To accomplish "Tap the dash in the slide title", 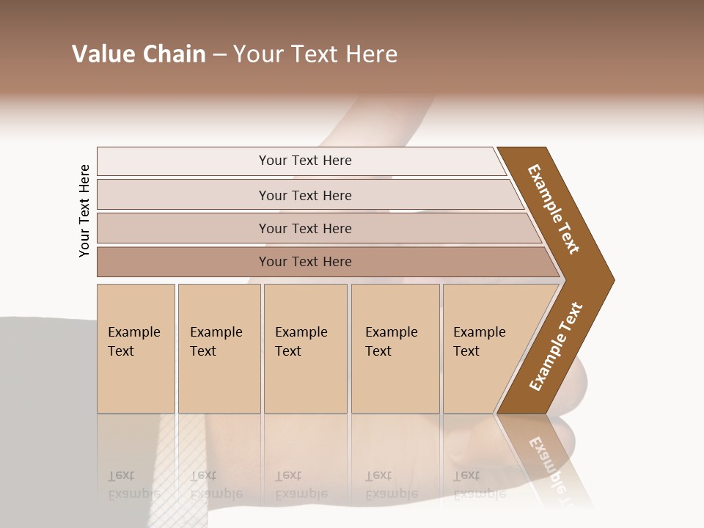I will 219,55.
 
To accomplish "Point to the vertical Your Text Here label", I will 84,211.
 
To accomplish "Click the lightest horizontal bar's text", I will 305,161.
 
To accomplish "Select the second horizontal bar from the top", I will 305,195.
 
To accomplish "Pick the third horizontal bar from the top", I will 305,228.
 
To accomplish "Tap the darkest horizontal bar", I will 305,262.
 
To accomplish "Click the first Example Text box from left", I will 136,348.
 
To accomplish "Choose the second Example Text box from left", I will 219,348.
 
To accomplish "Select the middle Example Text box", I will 305,348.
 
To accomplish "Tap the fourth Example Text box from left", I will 395,348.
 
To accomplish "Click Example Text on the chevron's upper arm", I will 554,209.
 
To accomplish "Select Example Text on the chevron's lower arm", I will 556,347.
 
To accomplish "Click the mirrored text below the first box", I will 133,485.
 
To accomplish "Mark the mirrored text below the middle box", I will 301,485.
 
